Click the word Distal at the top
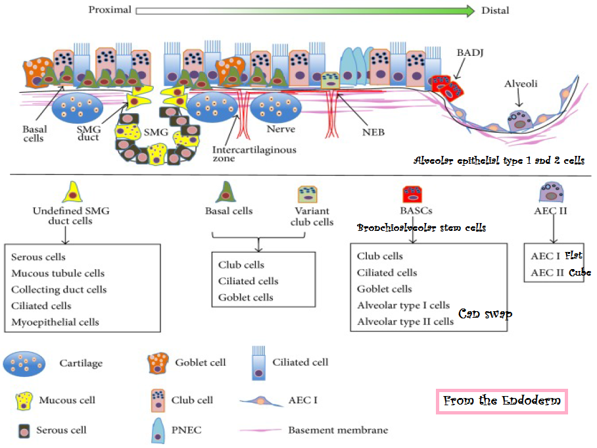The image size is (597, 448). point(494,11)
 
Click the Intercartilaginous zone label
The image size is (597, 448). point(254,154)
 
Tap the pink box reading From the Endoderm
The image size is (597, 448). point(502,401)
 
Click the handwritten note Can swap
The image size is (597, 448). point(485,314)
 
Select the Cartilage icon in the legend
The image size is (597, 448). point(24,363)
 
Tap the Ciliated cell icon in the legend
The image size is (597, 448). point(262,363)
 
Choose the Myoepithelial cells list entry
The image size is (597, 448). point(55,322)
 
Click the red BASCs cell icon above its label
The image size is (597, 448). point(413,193)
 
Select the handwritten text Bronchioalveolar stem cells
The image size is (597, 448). point(421,228)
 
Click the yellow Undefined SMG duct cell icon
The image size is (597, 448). point(71,192)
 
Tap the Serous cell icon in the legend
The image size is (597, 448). point(24,431)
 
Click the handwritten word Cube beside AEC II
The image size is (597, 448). point(579,273)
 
